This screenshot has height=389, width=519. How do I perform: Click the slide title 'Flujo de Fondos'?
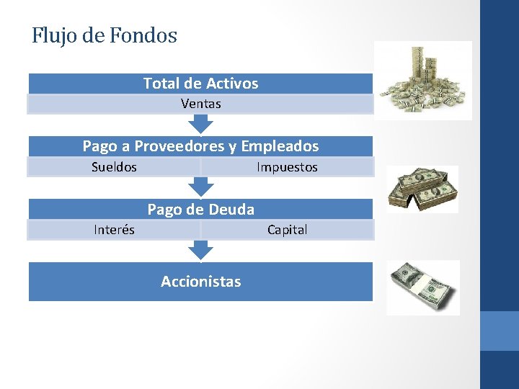click(105, 35)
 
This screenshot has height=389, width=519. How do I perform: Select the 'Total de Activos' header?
click(200, 84)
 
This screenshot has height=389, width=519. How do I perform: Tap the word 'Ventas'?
click(200, 104)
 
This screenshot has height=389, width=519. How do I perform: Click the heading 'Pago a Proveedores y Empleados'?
click(200, 146)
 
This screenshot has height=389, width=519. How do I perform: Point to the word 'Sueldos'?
click(114, 167)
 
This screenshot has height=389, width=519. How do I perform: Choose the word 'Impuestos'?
click(287, 167)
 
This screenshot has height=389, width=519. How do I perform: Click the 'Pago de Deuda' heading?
click(200, 210)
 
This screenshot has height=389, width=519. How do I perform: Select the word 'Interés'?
click(114, 230)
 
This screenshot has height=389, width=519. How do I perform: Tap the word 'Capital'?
click(287, 230)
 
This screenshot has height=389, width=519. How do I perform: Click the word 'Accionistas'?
click(200, 281)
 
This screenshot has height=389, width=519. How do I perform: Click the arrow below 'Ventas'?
click(201, 124)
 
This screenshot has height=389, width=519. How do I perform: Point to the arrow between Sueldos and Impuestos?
click(201, 187)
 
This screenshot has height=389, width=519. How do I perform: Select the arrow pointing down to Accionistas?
click(201, 250)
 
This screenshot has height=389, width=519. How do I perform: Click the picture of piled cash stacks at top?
click(424, 81)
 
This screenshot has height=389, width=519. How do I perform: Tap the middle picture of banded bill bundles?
click(422, 189)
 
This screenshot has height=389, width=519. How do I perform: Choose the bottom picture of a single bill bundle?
click(423, 287)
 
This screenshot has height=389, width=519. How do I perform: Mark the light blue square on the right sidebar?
click(499, 331)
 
